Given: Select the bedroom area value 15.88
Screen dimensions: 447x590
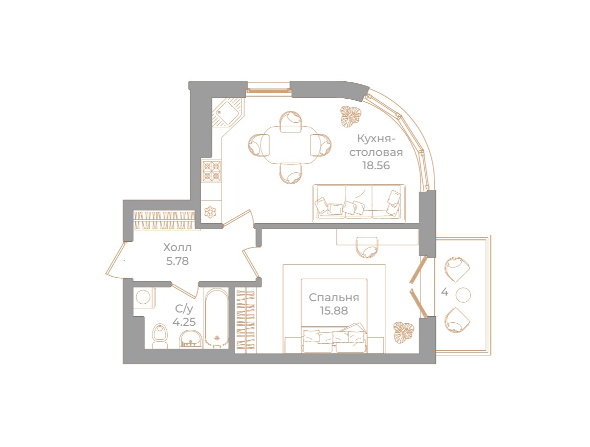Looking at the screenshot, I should tap(334, 311).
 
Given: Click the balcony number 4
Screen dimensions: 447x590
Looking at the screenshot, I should tap(445, 293).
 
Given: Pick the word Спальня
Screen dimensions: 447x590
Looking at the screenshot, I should tap(334, 298).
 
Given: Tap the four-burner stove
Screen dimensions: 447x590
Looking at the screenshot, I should tap(211, 170).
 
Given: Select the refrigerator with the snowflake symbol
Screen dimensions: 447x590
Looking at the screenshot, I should tap(210, 212).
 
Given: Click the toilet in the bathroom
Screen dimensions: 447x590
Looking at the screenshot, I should tap(160, 336).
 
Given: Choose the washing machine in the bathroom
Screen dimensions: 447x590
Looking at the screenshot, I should tap(143, 298).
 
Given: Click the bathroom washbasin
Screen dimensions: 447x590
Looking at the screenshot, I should tap(191, 338).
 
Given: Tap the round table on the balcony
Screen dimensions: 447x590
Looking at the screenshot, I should tap(463, 295).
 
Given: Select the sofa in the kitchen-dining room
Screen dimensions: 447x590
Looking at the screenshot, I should tap(359, 203).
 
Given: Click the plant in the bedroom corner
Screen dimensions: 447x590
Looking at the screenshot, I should tap(403, 333).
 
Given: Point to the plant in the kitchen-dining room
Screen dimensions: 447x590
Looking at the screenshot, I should tap(351, 116).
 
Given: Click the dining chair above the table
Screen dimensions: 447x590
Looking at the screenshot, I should tap(290, 122).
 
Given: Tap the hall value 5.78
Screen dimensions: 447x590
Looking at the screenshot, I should tap(177, 261).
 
